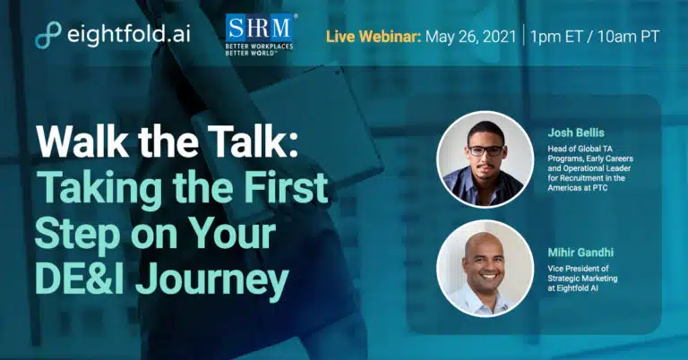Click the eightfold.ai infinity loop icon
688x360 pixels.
coord(47,35)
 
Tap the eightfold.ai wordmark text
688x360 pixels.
coord(129,34)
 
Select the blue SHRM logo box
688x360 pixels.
coord(259,28)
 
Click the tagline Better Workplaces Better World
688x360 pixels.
coord(259,49)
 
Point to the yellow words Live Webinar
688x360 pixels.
coord(374,37)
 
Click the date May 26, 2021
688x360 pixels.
coord(471,37)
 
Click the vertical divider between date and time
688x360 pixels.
coord(523,35)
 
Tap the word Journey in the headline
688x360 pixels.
coord(212,281)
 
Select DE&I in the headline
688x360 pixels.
coord(82,279)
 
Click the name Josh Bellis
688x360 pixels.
coord(576,133)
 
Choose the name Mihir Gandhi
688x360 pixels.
coord(580,253)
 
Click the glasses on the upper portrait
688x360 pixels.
coord(486,150)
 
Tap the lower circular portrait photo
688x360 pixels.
coord(485,269)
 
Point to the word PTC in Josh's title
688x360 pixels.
coord(615,188)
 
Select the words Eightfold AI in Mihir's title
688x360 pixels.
coord(583,288)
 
